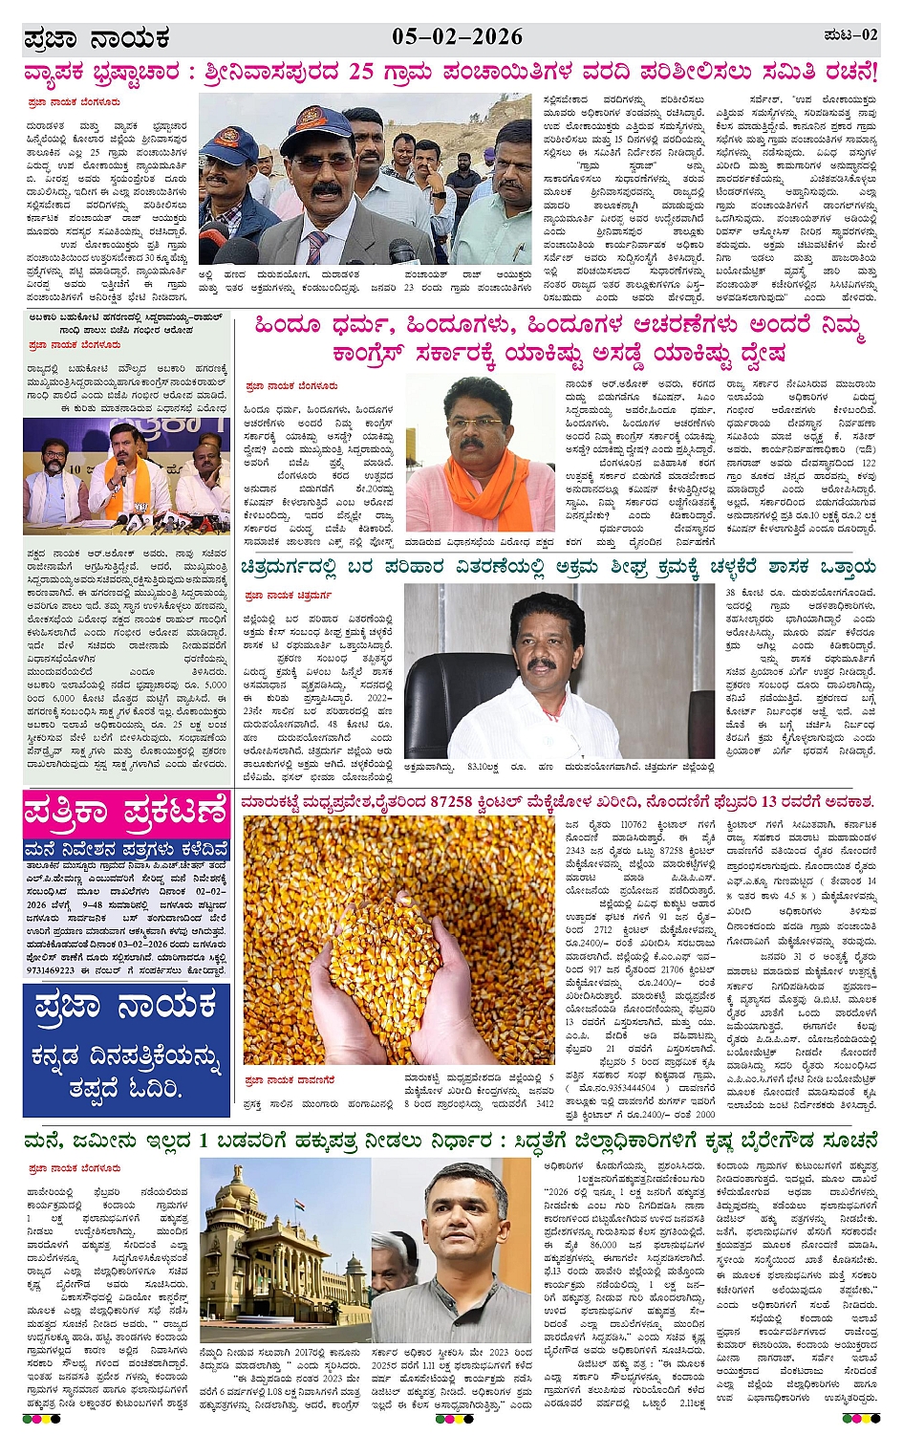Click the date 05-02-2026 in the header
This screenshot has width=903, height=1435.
pyautogui.click(x=457, y=37)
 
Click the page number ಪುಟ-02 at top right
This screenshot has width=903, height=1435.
pyautogui.click(x=849, y=35)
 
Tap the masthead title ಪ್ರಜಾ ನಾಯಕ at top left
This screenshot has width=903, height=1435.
pyautogui.click(x=97, y=39)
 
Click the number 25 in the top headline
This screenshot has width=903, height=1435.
pyautogui.click(x=360, y=73)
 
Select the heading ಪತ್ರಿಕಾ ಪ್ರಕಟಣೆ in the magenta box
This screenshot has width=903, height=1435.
pyautogui.click(x=126, y=813)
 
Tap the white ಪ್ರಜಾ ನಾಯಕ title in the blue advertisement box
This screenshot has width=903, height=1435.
pyautogui.click(x=125, y=1008)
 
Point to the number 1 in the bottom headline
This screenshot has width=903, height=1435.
pyautogui.click(x=203, y=1141)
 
